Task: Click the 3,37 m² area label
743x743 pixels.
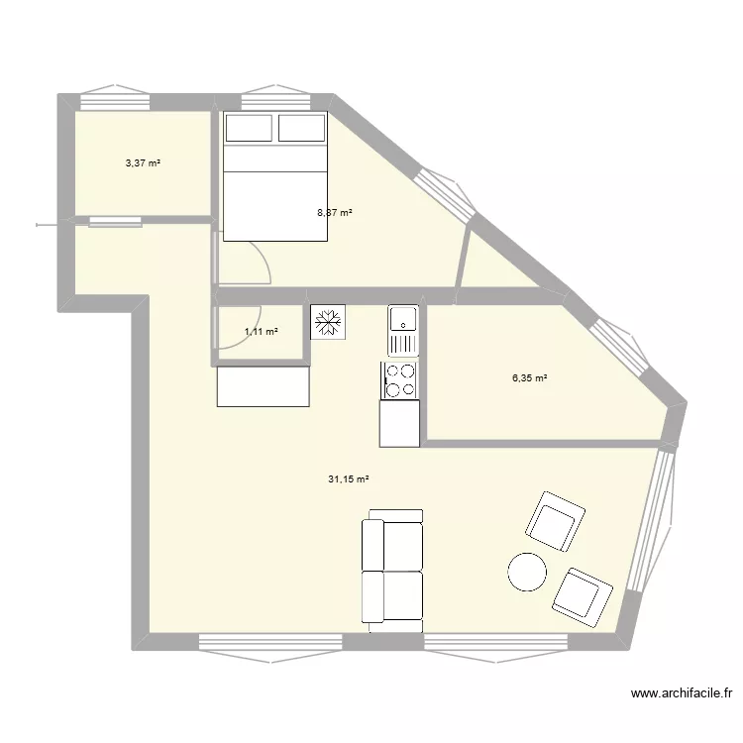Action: pos(143,163)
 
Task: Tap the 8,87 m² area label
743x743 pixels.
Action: pos(335,212)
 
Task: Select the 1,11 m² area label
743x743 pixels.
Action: pos(261,332)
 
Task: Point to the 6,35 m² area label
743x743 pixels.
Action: pos(530,377)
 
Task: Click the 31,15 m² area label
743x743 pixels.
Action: pos(348,479)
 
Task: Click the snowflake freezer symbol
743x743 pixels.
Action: pos(326,322)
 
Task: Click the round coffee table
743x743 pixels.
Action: pos(526,572)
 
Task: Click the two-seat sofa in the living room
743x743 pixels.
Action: pos(392,572)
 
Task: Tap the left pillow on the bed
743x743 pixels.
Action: pos(250,128)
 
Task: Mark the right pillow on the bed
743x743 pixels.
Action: pos(301,128)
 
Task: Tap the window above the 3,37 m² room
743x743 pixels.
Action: pos(114,98)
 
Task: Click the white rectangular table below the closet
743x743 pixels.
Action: pos(263,386)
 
